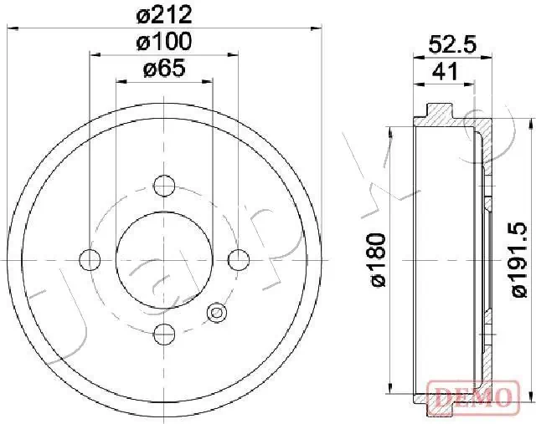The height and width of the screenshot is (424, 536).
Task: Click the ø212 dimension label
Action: click(164, 14)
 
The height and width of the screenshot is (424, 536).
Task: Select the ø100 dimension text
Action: click(164, 41)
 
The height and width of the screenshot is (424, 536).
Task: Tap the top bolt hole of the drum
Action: click(164, 185)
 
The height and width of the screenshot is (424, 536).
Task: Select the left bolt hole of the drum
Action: click(90, 260)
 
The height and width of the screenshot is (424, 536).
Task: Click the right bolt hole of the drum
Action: click(239, 260)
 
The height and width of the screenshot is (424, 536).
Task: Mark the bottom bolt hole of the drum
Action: click(164, 335)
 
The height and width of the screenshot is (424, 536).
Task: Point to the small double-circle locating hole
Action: click(217, 314)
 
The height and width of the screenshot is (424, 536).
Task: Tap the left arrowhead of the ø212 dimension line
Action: click(13, 28)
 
